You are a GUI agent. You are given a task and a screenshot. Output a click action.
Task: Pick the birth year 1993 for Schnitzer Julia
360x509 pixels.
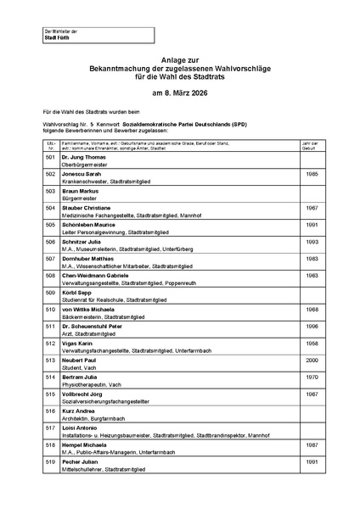click(x=311, y=242)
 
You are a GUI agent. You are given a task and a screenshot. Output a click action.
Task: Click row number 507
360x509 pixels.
click(x=50, y=259)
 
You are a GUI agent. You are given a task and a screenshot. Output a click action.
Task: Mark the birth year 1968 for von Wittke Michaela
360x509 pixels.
click(x=311, y=309)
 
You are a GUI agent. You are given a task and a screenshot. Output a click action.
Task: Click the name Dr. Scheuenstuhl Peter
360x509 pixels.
click(x=96, y=326)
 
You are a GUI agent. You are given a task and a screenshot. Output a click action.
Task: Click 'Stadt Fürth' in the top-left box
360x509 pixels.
click(x=56, y=38)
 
